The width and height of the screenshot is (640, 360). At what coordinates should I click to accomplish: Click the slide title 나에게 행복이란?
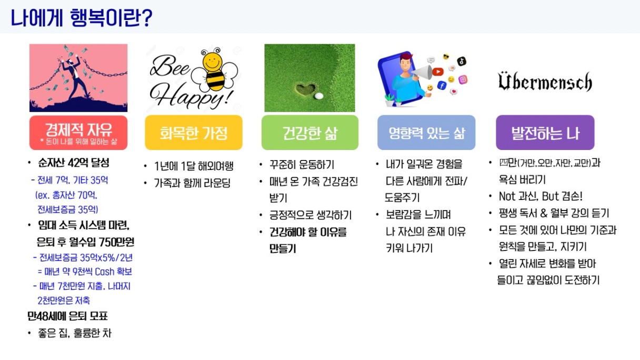81,18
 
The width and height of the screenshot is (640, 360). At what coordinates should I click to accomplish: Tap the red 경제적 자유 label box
78,133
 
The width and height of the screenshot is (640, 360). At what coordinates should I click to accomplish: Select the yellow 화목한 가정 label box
194,133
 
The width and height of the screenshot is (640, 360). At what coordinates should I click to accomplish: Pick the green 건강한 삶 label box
310,133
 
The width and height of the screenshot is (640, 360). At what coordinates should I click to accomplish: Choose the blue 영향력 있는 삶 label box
426,133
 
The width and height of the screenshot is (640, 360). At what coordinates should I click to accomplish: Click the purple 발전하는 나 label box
545,133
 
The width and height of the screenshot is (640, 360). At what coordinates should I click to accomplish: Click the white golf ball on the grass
318,96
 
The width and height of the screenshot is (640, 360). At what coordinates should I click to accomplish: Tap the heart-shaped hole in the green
306,89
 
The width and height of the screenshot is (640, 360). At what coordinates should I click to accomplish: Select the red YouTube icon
437,72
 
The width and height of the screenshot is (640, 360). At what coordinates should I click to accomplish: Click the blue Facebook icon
442,85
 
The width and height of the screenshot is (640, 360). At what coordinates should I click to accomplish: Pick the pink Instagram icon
463,79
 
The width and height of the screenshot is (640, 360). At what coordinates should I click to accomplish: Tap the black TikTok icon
462,61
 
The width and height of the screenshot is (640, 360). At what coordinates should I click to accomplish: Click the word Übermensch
545,82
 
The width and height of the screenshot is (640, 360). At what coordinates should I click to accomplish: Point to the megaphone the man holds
423,73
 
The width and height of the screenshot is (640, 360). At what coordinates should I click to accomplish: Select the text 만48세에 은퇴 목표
67,316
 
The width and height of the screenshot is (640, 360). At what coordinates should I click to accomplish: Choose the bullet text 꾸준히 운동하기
302,165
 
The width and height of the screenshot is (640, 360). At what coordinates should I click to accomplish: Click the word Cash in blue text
104,272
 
